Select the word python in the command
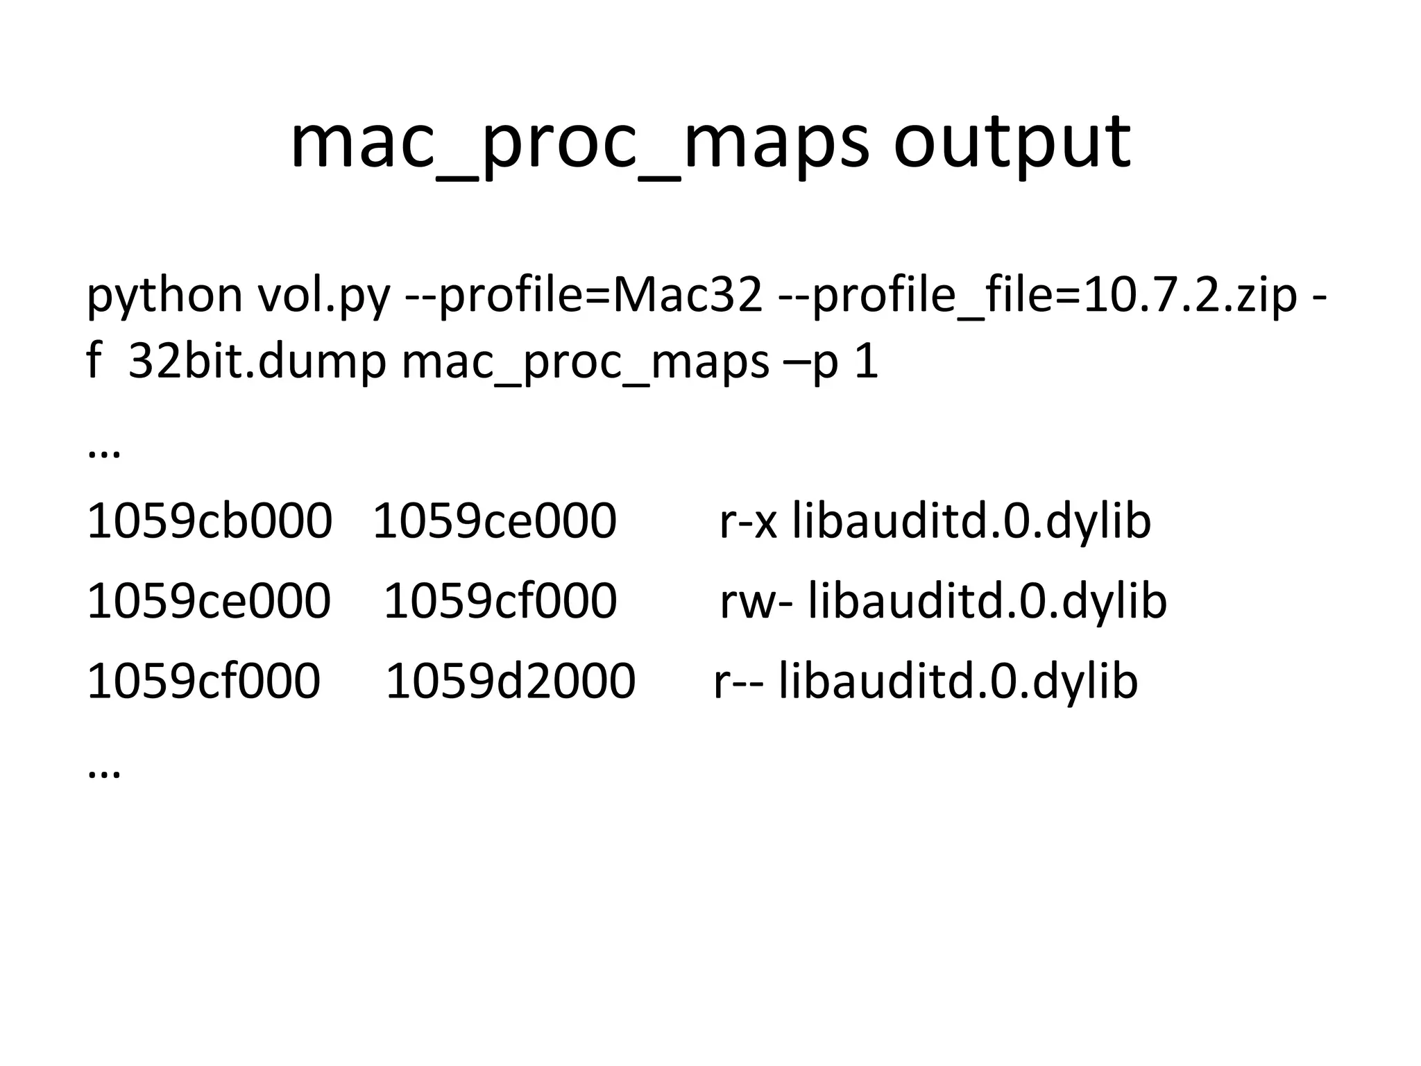pos(164,295)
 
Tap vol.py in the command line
pos(324,295)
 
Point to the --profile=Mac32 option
pos(583,295)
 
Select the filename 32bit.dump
pos(257,362)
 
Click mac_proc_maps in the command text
pos(585,362)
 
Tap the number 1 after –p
pos(867,362)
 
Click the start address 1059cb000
pos(209,521)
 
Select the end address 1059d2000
pos(510,680)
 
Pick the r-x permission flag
pos(748,521)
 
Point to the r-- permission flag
pos(738,680)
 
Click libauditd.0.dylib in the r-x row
pos(971,521)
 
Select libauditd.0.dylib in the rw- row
pos(987,601)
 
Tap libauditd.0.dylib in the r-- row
pos(958,680)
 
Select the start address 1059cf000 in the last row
pos(203,680)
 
